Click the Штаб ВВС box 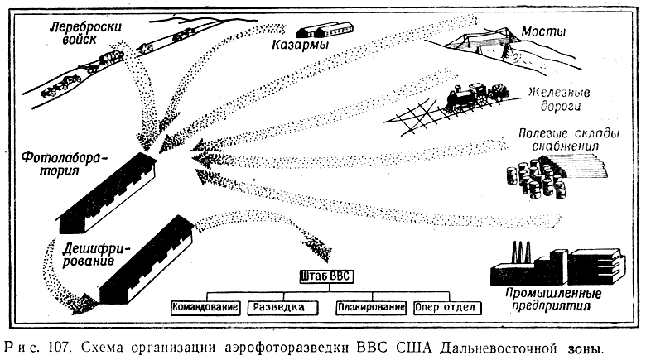pyautogui.click(x=326, y=276)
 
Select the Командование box pyautogui.click(x=205, y=307)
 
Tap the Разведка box pyautogui.click(x=282, y=308)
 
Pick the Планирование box pyautogui.click(x=371, y=307)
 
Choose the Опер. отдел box pyautogui.click(x=447, y=308)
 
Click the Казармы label pyautogui.click(x=300, y=45)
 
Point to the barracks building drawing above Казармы pyautogui.click(x=325, y=30)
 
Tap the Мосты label pyautogui.click(x=543, y=31)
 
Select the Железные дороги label pyautogui.click(x=560, y=99)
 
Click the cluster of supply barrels pyautogui.click(x=536, y=179)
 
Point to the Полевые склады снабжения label pyautogui.click(x=568, y=139)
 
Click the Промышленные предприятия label pyautogui.click(x=553, y=300)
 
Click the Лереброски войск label pyautogui.click(x=84, y=33)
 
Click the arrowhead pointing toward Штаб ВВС pyautogui.click(x=319, y=248)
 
